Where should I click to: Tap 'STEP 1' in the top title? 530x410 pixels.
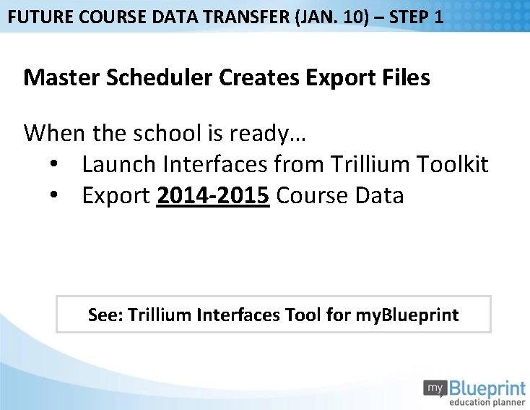tap(417, 16)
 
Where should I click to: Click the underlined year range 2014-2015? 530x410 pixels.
tap(213, 196)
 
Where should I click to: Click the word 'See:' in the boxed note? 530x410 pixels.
tap(105, 315)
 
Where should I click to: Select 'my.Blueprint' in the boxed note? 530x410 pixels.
tap(407, 315)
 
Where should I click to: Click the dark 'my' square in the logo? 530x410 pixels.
tap(435, 388)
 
